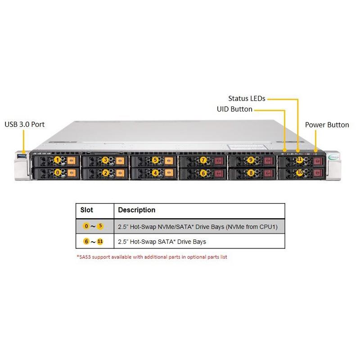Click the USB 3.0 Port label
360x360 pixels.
coord(24,124)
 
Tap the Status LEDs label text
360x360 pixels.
coord(246,98)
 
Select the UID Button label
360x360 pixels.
coord(234,109)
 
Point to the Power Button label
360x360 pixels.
coord(327,125)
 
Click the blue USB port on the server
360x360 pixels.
coord(21,156)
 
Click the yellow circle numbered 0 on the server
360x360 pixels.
coord(57,172)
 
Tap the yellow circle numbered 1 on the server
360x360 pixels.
coord(57,160)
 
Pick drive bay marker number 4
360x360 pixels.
coord(155,172)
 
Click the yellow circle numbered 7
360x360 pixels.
coord(203,160)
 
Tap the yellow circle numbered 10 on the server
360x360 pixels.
coord(299,172)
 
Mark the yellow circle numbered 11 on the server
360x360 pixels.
coord(299,160)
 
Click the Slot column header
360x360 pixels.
coord(86,210)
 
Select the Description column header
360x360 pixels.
coord(136,210)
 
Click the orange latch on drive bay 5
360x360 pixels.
coord(169,160)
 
